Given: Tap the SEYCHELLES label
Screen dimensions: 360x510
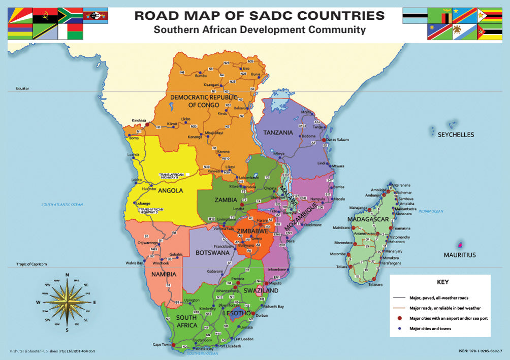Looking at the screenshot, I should point(456,135).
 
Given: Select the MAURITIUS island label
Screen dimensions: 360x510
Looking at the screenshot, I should point(460,255).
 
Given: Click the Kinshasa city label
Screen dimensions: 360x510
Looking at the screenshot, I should point(139,120).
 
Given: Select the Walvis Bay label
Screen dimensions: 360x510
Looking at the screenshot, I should point(134,263).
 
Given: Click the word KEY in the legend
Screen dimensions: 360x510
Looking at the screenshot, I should point(442,282).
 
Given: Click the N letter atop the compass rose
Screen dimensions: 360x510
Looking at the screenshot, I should point(67,275).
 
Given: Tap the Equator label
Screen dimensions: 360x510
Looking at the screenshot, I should point(22,89).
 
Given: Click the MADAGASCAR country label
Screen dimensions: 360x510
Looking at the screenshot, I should point(368,219).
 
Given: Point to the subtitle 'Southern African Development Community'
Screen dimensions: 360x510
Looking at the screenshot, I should point(260,29).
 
